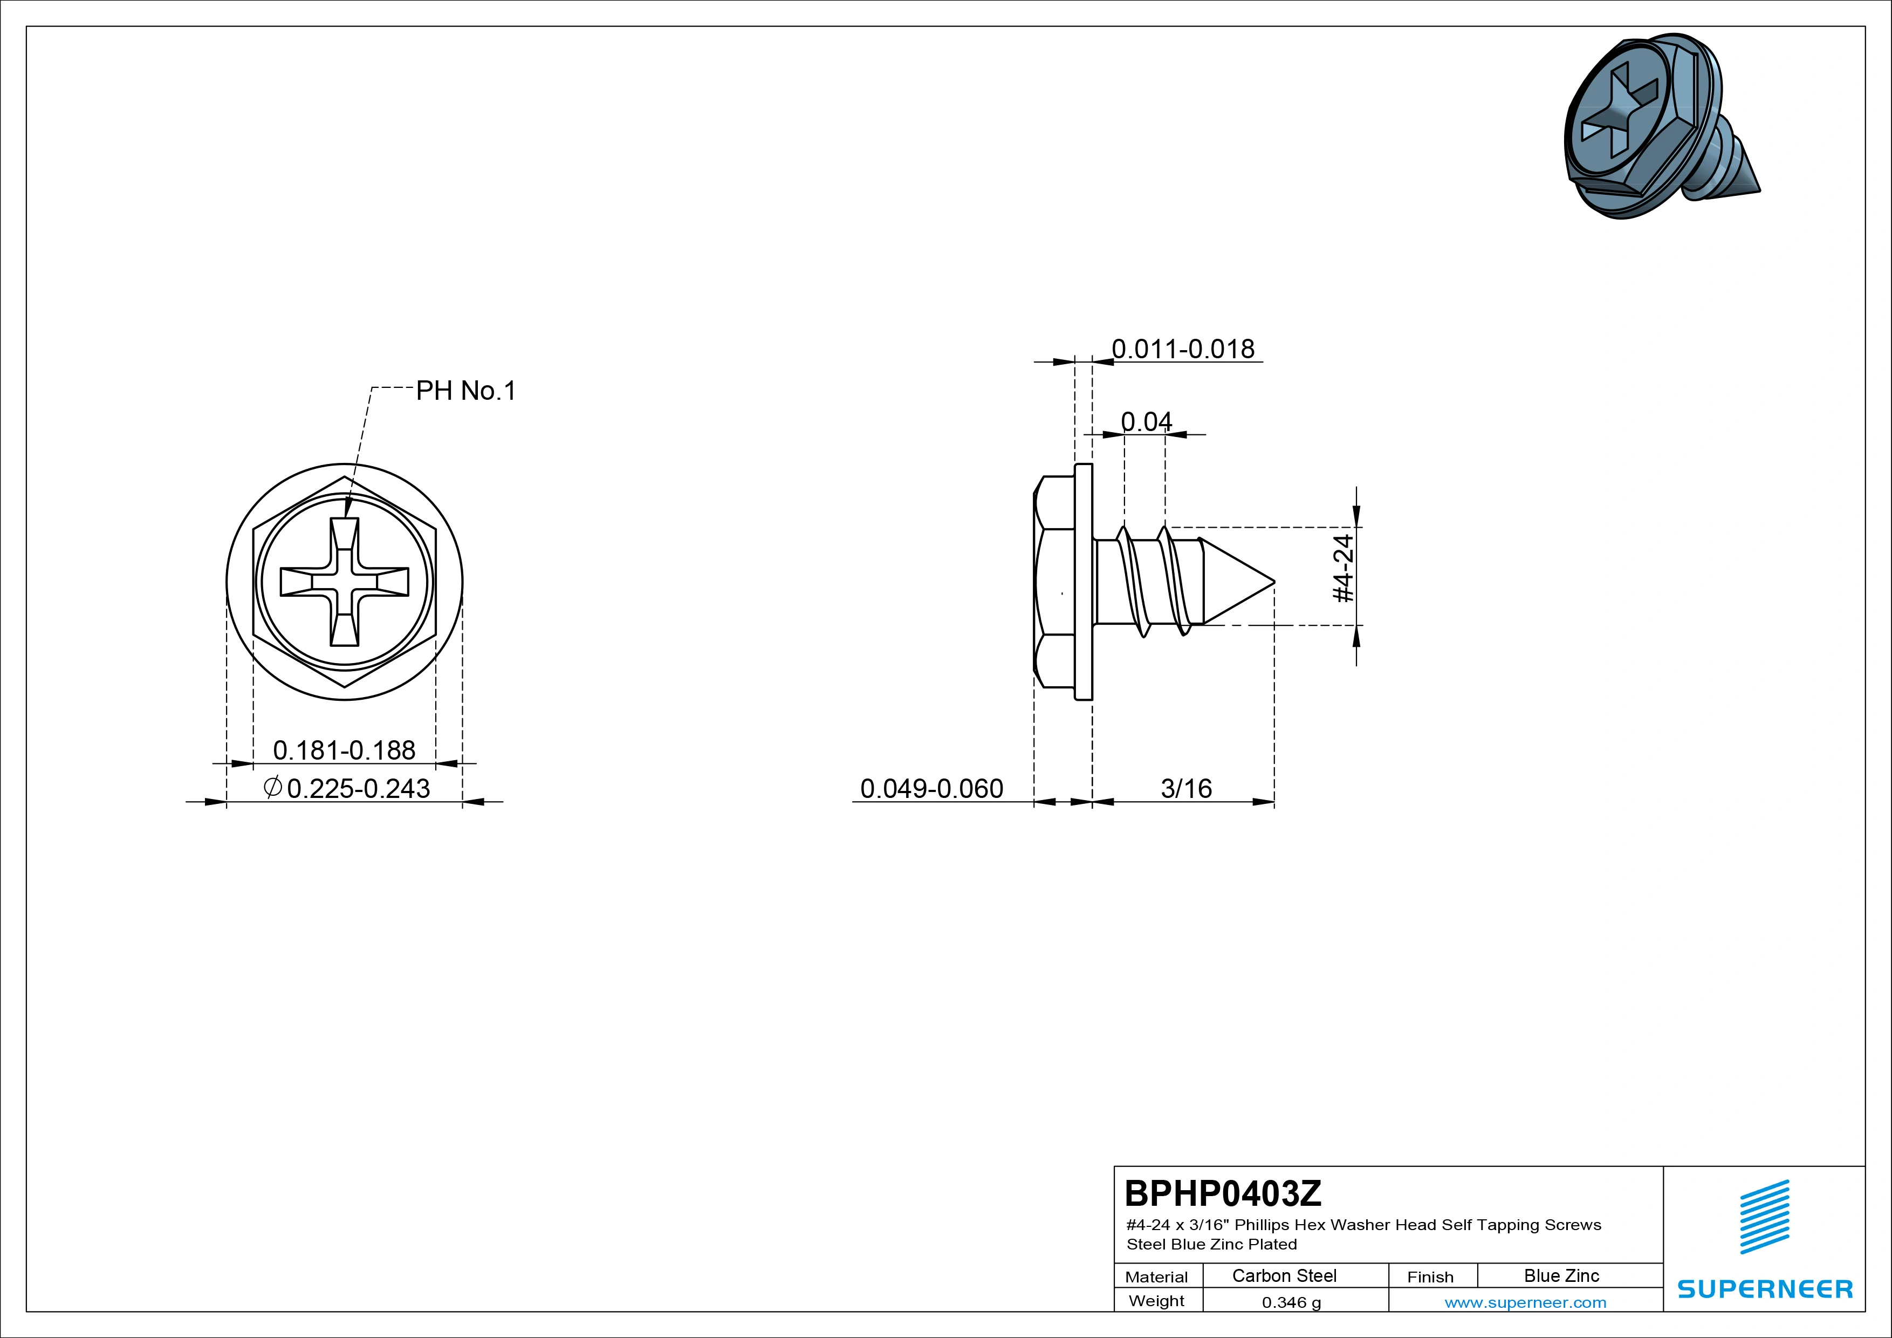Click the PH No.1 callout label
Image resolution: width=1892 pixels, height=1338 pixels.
click(465, 390)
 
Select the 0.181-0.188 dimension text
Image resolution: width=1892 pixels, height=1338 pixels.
click(345, 750)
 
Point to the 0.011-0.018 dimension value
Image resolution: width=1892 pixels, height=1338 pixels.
click(1183, 349)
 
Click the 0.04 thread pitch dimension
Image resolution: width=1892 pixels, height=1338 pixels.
click(1146, 421)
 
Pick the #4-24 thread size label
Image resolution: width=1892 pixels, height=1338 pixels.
click(1343, 568)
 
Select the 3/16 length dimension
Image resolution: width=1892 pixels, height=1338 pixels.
click(1187, 788)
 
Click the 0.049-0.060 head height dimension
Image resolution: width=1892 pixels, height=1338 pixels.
click(932, 788)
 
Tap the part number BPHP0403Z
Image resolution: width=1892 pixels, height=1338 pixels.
click(1223, 1193)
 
